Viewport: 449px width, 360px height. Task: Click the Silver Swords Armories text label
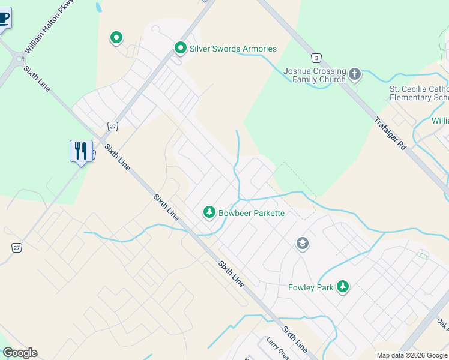click(x=233, y=49)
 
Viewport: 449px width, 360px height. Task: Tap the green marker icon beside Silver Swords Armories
click(x=180, y=47)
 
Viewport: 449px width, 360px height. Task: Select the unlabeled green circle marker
click(x=116, y=38)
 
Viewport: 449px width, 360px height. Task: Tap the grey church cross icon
click(x=355, y=74)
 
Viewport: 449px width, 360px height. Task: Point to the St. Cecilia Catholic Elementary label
click(x=419, y=94)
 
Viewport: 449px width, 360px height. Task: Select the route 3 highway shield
click(x=316, y=58)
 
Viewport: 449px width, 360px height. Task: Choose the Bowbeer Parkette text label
click(x=251, y=213)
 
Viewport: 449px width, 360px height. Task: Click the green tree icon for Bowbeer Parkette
click(x=209, y=212)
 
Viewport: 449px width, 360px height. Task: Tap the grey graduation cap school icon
click(x=303, y=244)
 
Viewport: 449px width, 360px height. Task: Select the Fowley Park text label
click(x=310, y=287)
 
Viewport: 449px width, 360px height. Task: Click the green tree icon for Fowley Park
click(x=343, y=287)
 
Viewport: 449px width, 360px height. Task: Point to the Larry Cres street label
click(x=278, y=348)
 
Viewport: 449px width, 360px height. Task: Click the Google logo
click(x=20, y=353)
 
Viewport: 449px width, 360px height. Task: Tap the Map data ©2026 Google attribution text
click(x=412, y=355)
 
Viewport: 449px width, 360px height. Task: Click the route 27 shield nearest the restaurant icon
click(x=112, y=126)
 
